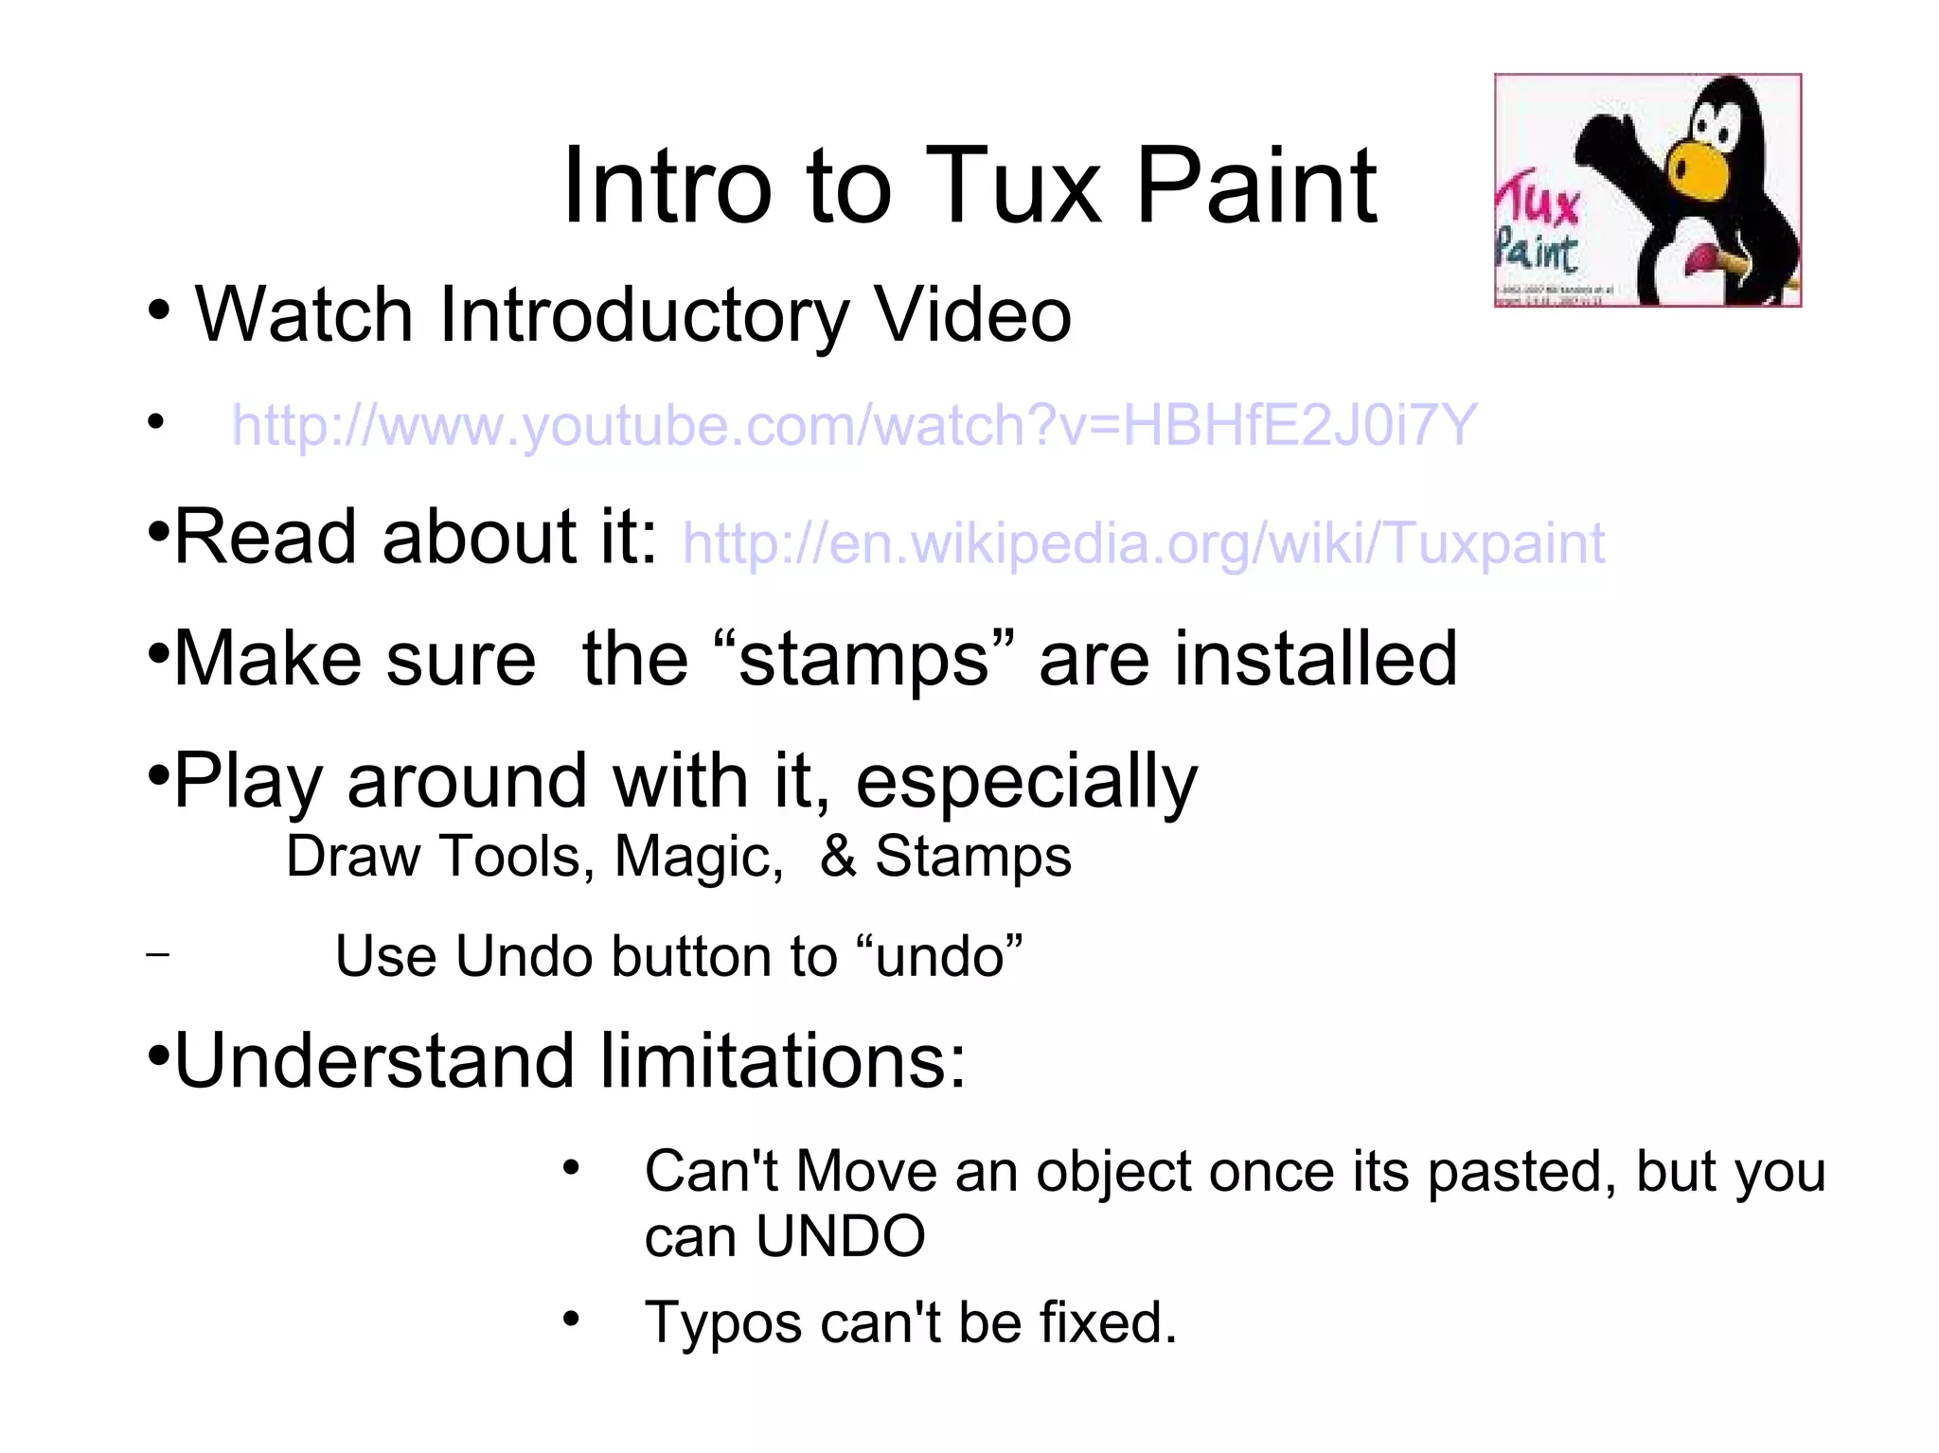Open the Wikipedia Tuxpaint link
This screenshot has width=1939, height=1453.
pos(1143,543)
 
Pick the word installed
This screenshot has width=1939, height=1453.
pos(1316,659)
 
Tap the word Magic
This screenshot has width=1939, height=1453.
pos(699,857)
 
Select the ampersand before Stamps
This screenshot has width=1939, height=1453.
pos(838,857)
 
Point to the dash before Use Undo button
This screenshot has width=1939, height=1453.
pos(158,954)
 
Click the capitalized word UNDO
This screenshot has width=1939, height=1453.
pos(840,1236)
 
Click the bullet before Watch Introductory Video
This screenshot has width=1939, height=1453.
pos(159,310)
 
